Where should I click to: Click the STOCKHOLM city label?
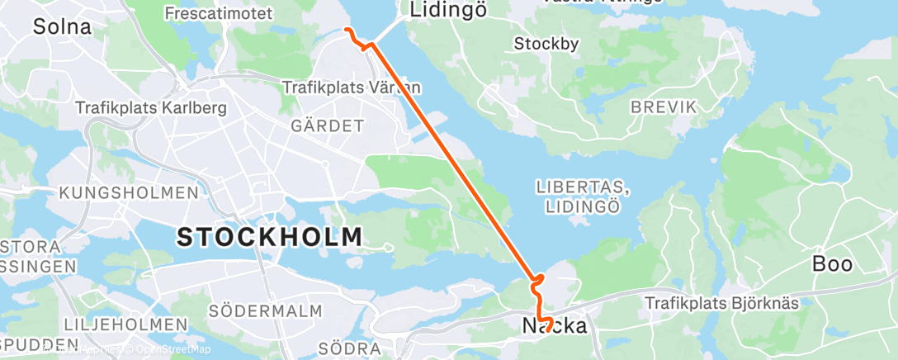coord(270,237)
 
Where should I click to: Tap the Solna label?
coord(62,26)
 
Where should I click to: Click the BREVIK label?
coord(664,107)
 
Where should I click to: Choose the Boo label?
coord(833,264)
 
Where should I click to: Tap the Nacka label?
coord(555,325)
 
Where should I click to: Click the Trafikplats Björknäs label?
coord(721,303)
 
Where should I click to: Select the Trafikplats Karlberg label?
coord(150,107)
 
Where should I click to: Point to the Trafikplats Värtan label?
coord(352,87)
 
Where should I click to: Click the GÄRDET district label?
coord(327,126)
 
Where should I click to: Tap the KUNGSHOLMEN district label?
coord(128,192)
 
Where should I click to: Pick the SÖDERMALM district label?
coord(253,311)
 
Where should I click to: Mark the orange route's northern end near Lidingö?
coord(346,30)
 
